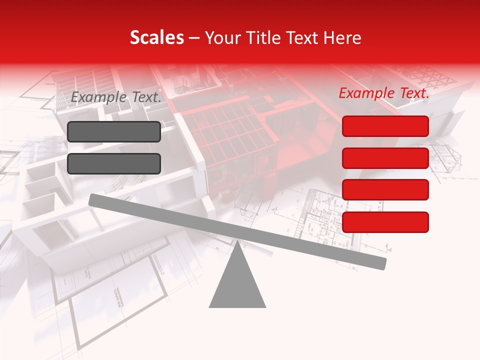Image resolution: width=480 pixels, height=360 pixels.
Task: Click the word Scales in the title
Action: [x=156, y=38]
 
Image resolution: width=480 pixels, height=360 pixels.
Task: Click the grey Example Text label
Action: [x=116, y=97]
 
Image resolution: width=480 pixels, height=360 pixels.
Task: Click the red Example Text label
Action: [x=384, y=93]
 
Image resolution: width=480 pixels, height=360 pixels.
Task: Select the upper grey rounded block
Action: [x=114, y=131]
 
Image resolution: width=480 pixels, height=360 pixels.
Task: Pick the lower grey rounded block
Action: [x=114, y=163]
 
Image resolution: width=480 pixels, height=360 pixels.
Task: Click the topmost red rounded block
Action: [x=385, y=126]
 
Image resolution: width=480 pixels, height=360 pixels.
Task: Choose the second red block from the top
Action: [x=385, y=158]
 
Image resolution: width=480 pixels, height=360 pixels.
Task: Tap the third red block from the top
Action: [x=385, y=190]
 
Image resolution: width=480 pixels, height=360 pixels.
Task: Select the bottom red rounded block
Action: [x=385, y=222]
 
